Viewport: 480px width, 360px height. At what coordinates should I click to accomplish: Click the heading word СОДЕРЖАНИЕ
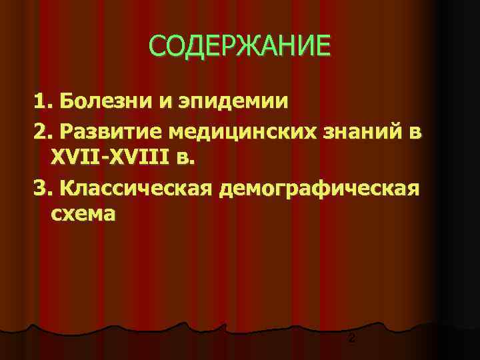pos(239,46)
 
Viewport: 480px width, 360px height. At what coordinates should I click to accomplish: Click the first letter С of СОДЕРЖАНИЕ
pos(157,46)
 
